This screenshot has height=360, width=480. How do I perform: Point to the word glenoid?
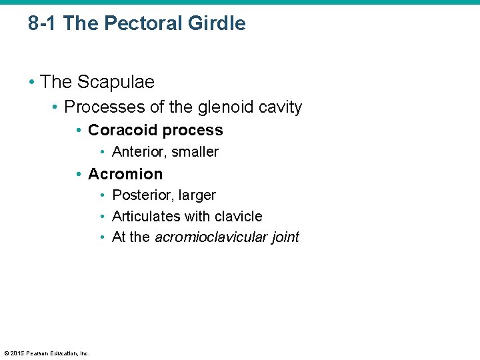click(218, 107)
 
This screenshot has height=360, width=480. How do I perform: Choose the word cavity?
click(279, 107)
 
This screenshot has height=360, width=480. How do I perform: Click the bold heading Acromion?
click(125, 174)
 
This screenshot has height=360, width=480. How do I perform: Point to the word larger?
click(195, 195)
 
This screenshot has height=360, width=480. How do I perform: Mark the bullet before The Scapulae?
click(31, 83)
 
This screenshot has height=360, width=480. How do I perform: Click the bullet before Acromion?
click(79, 175)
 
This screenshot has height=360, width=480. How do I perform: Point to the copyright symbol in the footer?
click(6, 353)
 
